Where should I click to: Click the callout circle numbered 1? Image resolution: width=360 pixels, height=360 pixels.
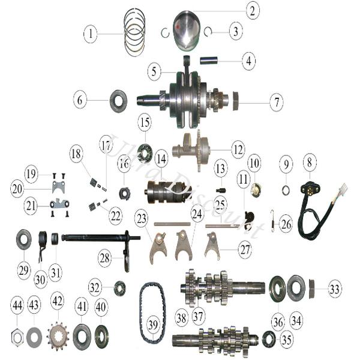[91, 34]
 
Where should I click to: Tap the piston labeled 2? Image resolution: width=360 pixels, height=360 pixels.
[187, 31]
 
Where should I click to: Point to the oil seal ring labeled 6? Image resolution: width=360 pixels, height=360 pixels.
[118, 101]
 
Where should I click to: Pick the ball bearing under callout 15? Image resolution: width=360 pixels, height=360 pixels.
[145, 152]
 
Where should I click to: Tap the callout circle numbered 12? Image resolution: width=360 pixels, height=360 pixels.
[238, 150]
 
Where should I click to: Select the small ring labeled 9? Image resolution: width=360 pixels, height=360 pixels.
[286, 190]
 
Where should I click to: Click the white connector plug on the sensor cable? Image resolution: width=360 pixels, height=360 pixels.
[343, 189]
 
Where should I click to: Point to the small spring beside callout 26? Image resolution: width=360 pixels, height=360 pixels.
[272, 221]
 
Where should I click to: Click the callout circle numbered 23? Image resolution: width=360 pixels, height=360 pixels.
[142, 218]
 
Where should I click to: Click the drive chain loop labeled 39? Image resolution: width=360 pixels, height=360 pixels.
[152, 313]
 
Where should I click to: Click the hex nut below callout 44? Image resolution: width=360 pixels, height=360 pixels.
[17, 337]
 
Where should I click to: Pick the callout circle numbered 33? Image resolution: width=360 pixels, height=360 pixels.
[334, 289]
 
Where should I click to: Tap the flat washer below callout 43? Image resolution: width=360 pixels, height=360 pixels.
[34, 337]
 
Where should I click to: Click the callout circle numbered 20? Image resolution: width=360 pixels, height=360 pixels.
[17, 189]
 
